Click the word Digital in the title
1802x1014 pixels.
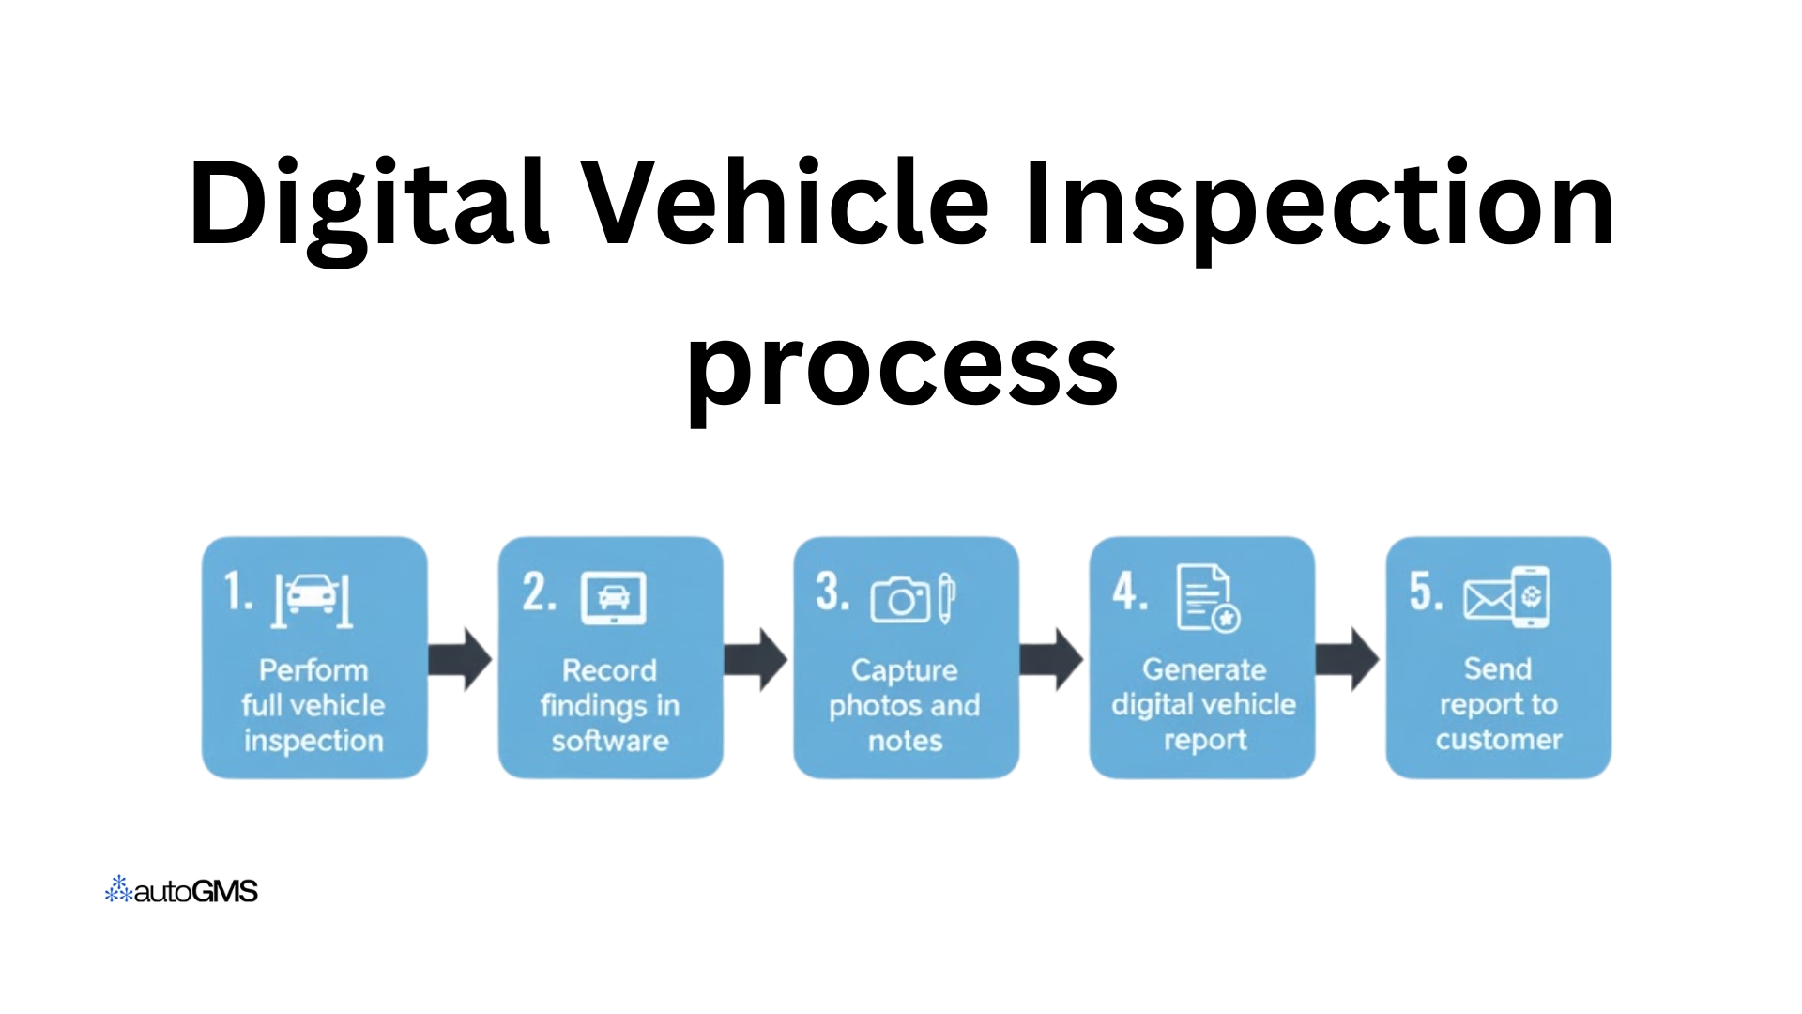pyautogui.click(x=368, y=205)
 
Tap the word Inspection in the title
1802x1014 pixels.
pyautogui.click(x=1319, y=205)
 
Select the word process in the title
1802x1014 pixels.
pyautogui.click(x=902, y=366)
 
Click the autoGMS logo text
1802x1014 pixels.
pyautogui.click(x=196, y=892)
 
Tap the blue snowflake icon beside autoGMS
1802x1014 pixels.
pyautogui.click(x=118, y=890)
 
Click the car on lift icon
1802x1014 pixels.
pyautogui.click(x=313, y=598)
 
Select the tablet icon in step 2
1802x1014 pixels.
pyautogui.click(x=614, y=597)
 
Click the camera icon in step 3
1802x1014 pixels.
pyautogui.click(x=899, y=599)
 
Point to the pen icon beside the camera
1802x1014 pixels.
pyautogui.click(x=946, y=597)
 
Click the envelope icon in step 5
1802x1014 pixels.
pyautogui.click(x=1487, y=599)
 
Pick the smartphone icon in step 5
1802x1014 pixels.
pyautogui.click(x=1531, y=597)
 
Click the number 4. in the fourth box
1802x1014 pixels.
pyautogui.click(x=1129, y=593)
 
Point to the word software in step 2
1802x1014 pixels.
pyautogui.click(x=610, y=742)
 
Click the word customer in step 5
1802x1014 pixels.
pyautogui.click(x=1499, y=740)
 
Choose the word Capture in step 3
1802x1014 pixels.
pyautogui.click(x=904, y=670)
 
